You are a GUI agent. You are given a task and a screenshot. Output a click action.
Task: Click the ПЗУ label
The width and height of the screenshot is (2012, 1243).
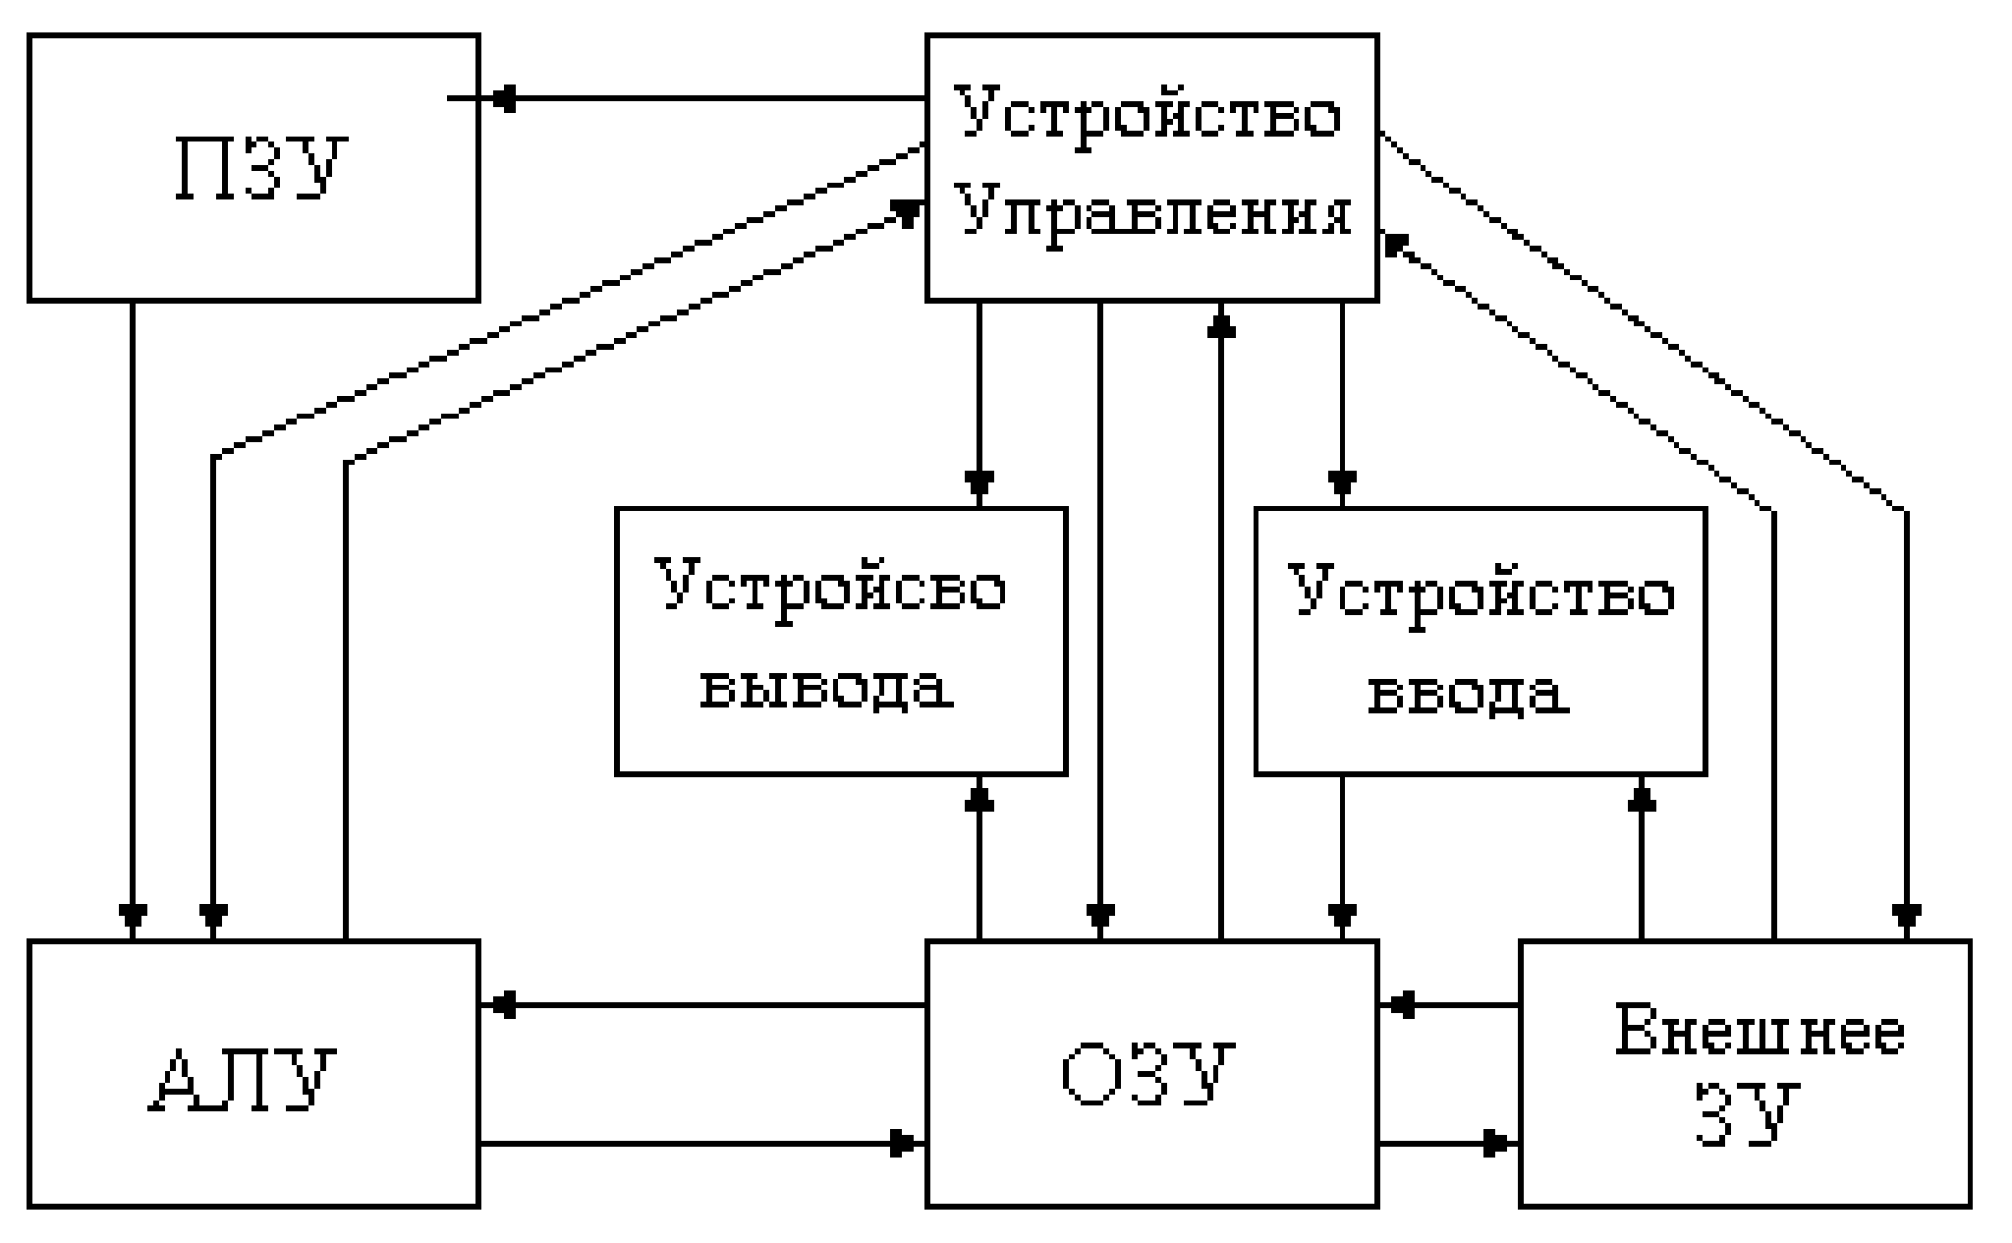click(261, 168)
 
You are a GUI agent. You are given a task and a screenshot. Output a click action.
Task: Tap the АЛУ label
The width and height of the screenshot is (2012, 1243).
click(244, 1080)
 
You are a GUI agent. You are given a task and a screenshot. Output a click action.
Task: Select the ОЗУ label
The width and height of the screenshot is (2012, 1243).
click(1148, 1076)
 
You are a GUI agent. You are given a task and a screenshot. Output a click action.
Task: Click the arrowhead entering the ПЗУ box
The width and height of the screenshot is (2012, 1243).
click(503, 98)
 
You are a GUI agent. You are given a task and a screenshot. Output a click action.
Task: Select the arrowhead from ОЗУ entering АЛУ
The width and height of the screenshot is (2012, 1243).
click(503, 1005)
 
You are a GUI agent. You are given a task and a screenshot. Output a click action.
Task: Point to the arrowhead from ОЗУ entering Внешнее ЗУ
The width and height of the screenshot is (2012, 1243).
click(1495, 1144)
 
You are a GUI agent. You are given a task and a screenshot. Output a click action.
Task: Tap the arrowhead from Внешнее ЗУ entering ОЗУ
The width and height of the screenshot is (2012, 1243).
click(1403, 1005)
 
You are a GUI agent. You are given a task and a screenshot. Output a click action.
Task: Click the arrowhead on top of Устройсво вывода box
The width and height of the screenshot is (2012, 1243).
click(979, 483)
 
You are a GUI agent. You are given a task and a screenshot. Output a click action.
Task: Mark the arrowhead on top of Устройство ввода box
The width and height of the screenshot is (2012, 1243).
click(1343, 483)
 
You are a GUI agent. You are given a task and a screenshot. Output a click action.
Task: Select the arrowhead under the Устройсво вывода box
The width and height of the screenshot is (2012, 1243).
click(979, 798)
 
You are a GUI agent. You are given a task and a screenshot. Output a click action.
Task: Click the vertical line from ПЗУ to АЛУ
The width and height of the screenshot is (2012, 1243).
click(133, 590)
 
